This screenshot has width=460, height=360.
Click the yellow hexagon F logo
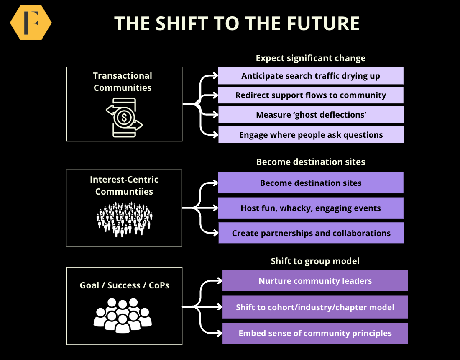(31, 23)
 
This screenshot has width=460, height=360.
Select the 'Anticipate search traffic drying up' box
(311, 76)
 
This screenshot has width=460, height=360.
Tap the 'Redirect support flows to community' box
(311, 95)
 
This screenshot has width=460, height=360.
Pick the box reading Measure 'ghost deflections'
(311, 115)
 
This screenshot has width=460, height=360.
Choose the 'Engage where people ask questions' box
(311, 135)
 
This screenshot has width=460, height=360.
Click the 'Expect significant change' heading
(311, 58)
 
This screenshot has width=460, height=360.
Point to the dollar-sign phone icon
(124, 117)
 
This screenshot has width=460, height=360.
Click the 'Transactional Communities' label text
(123, 82)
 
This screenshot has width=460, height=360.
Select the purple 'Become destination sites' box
(311, 183)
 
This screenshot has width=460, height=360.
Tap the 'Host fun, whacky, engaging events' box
(311, 208)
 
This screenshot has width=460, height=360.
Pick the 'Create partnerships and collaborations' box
(311, 233)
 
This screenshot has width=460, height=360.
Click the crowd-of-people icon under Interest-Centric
(124, 219)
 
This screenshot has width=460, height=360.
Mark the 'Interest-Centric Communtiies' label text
(124, 185)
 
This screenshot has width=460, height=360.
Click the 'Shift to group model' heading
(315, 261)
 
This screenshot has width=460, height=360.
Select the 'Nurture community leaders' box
(315, 281)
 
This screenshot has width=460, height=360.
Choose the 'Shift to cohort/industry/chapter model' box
(315, 307)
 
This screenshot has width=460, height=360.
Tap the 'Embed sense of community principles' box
(315, 333)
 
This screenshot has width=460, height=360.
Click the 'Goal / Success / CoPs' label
(124, 285)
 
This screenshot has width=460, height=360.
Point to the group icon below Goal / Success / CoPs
(123, 315)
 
